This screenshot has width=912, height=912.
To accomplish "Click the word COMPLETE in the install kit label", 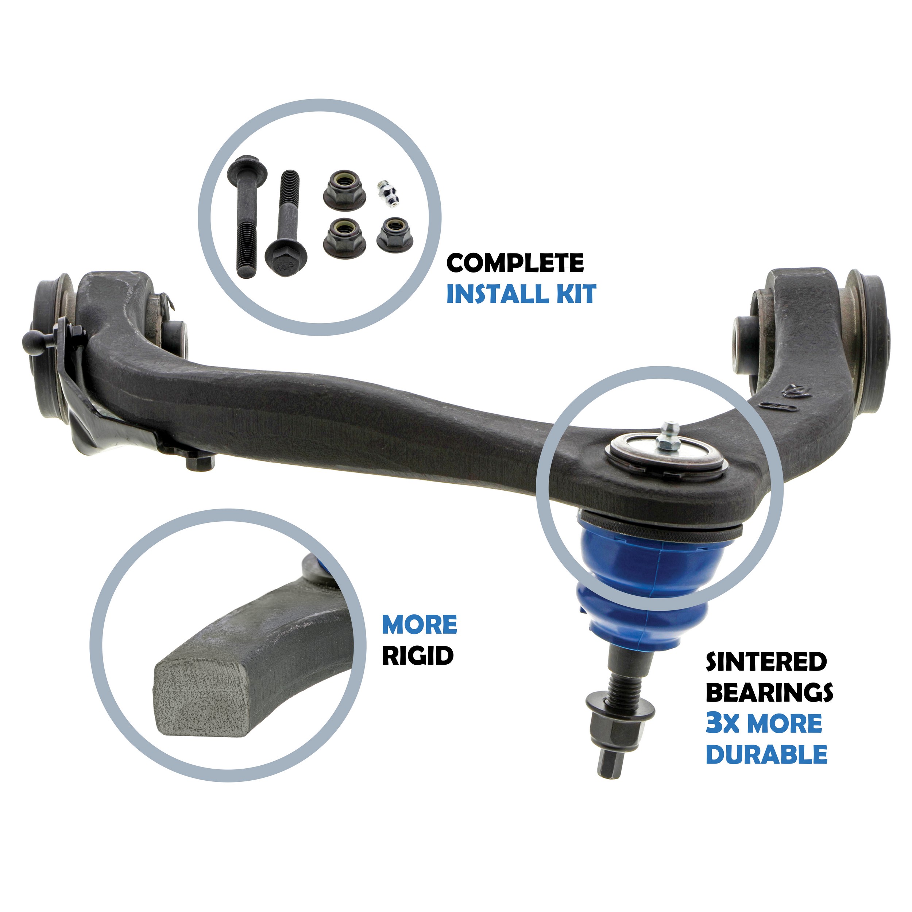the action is pyautogui.click(x=515, y=263).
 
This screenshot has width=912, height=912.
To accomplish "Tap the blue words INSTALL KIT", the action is pyautogui.click(x=521, y=294).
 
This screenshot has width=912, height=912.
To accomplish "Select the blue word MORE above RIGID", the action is pyautogui.click(x=420, y=625).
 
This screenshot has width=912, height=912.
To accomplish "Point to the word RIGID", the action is pyautogui.click(x=418, y=656).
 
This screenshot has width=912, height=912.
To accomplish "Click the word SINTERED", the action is pyautogui.click(x=766, y=662).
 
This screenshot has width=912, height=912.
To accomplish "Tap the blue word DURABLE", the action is pyautogui.click(x=766, y=754).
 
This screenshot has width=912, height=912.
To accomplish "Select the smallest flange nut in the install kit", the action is pyautogui.click(x=395, y=234).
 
